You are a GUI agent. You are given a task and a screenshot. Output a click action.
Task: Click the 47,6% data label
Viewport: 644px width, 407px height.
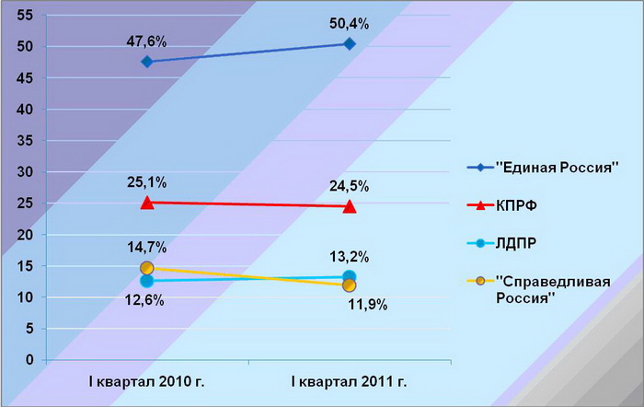pyautogui.click(x=146, y=41)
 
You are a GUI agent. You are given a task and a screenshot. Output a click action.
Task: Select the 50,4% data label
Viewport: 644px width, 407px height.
pyautogui.click(x=349, y=24)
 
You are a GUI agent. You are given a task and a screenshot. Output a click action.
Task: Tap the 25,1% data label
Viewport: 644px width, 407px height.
pyautogui.click(x=146, y=182)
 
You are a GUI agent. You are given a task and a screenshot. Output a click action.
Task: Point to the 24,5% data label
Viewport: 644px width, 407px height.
pyautogui.click(x=349, y=186)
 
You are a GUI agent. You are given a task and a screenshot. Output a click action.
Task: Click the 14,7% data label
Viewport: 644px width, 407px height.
pyautogui.click(x=146, y=247)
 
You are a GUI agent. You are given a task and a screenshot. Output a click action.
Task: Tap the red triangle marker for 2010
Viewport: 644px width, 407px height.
pyautogui.click(x=147, y=202)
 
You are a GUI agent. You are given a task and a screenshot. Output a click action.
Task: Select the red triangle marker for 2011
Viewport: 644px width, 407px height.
pyautogui.click(x=350, y=206)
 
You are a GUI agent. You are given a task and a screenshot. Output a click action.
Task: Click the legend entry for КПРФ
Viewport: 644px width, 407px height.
pyautogui.click(x=519, y=207)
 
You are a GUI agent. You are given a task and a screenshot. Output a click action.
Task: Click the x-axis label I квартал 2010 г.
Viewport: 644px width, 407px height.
pyautogui.click(x=147, y=380)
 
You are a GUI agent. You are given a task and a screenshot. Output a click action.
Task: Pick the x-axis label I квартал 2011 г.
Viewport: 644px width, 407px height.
pyautogui.click(x=350, y=380)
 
